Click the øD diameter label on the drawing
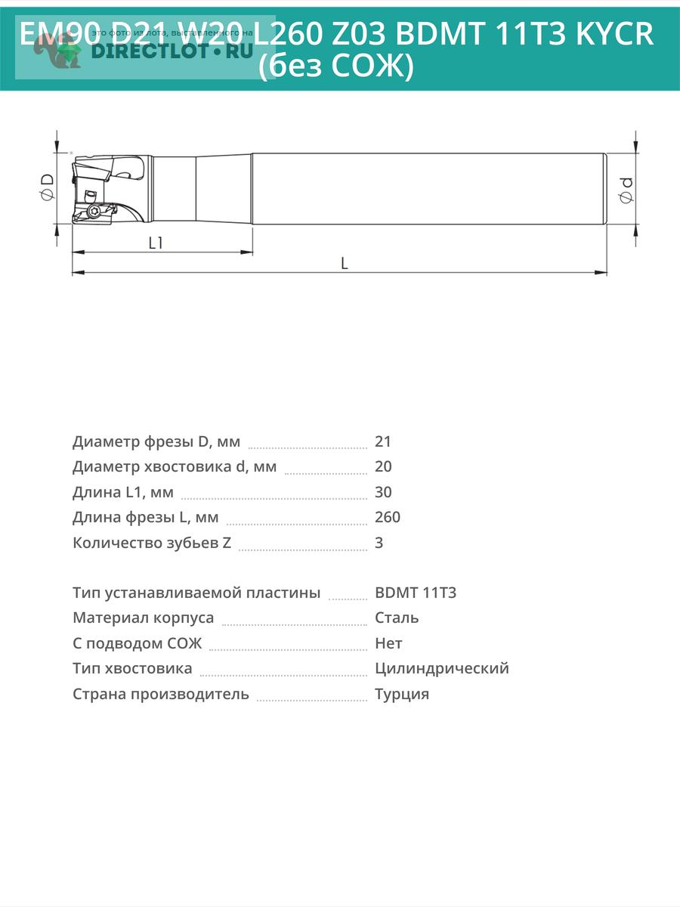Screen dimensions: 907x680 pyautogui.click(x=47, y=186)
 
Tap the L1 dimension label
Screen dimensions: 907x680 pyautogui.click(x=156, y=243)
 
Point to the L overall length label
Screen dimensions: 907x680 pyautogui.click(x=344, y=263)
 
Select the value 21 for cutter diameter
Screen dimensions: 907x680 pyautogui.click(x=383, y=441)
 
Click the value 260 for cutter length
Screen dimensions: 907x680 pyautogui.click(x=388, y=517)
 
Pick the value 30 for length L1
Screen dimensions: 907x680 pyautogui.click(x=383, y=492)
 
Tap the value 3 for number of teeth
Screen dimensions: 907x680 pyautogui.click(x=379, y=543)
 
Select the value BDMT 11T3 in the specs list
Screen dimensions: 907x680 pyautogui.click(x=416, y=593)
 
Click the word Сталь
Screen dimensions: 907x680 pyautogui.click(x=397, y=618)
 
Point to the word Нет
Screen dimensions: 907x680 pyautogui.click(x=388, y=643)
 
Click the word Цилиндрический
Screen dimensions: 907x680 pyautogui.click(x=442, y=668)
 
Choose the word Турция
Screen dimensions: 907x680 pyautogui.click(x=402, y=694)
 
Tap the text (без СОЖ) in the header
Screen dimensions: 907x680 pyautogui.click(x=336, y=67)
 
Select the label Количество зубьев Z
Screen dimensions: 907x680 pyautogui.click(x=152, y=543)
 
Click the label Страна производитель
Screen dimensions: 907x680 pyautogui.click(x=161, y=694)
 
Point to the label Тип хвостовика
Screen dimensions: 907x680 pyautogui.click(x=132, y=668)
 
